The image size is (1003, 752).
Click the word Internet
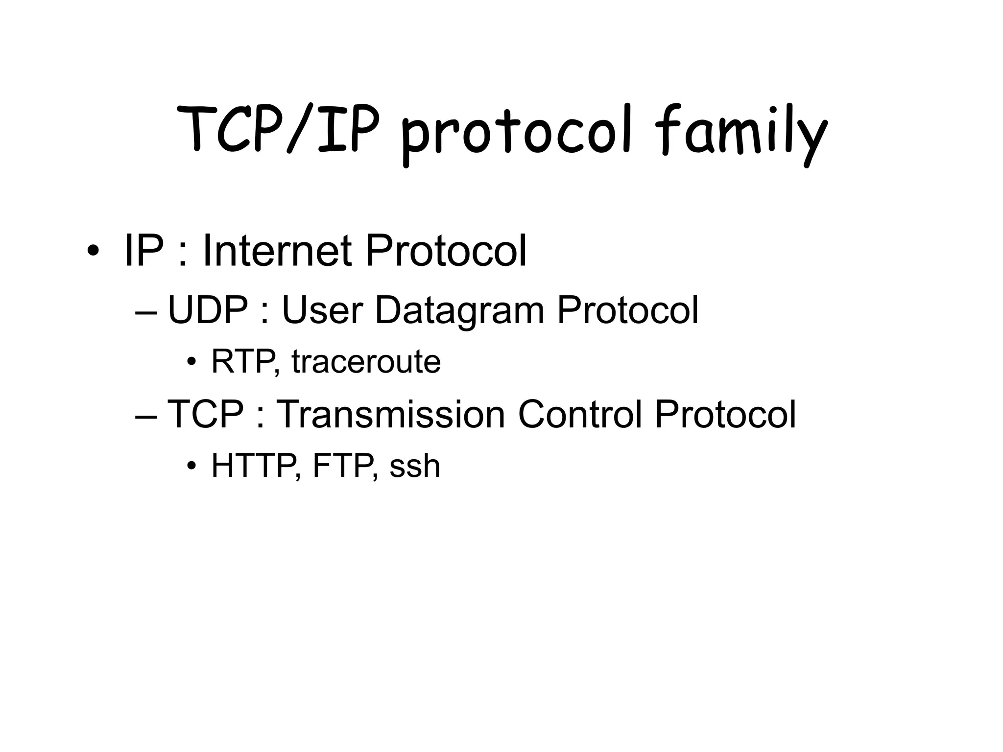277,251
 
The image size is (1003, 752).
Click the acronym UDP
208,310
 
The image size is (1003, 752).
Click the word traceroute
366,362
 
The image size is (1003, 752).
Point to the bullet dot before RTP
191,363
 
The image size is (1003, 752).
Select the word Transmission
390,414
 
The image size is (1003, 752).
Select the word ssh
414,466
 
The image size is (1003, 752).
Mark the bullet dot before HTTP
191,466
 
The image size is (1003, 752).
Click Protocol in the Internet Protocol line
446,251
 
